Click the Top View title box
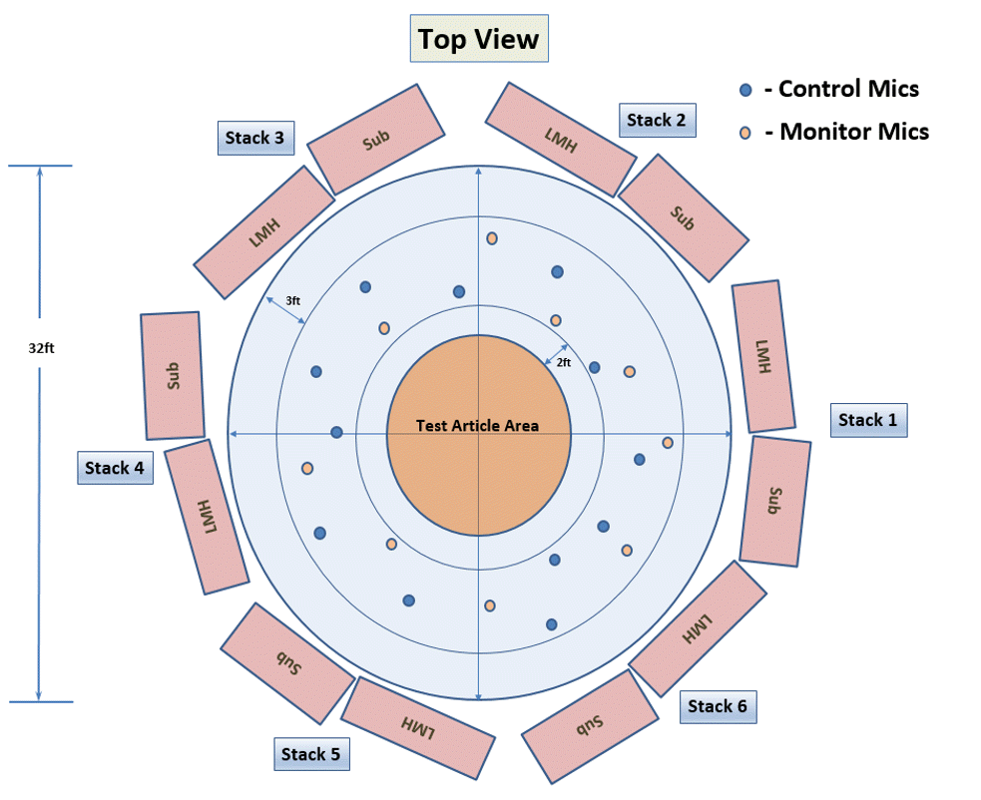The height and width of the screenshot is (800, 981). click(x=478, y=39)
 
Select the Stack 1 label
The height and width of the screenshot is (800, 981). click(x=868, y=420)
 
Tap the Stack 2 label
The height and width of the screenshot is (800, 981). click(x=656, y=121)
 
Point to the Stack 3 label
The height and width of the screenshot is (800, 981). click(x=254, y=138)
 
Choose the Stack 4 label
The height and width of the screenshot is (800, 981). click(x=115, y=468)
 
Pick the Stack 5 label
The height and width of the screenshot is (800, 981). click(x=310, y=754)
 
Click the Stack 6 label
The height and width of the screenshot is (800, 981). click(x=717, y=706)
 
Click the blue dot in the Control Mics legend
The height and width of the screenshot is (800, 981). click(x=744, y=90)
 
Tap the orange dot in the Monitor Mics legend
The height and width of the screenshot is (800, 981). click(x=744, y=133)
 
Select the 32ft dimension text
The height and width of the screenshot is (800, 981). click(x=41, y=349)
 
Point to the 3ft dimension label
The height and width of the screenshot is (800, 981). click(x=293, y=300)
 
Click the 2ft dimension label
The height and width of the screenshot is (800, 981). click(x=563, y=362)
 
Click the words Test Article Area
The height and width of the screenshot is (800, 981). click(x=477, y=426)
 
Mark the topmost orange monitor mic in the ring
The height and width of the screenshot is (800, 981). click(x=492, y=238)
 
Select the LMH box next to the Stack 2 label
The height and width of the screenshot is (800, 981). click(x=560, y=139)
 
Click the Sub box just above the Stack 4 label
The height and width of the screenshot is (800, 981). click(x=174, y=375)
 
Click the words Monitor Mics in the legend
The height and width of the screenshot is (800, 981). click(x=854, y=132)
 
